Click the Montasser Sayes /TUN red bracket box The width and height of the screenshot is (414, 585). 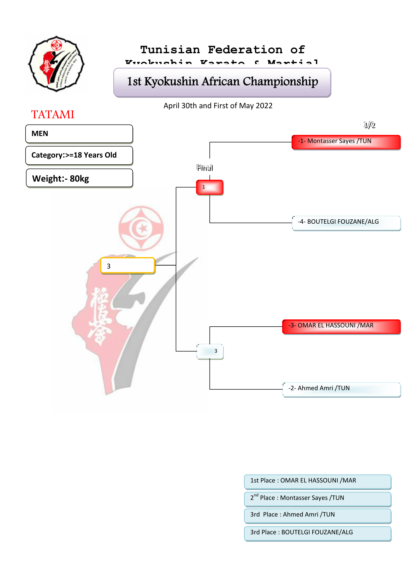(x=346, y=142)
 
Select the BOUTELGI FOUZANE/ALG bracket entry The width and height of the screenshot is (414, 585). (x=346, y=223)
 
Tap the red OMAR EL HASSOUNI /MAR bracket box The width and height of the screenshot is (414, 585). (x=341, y=326)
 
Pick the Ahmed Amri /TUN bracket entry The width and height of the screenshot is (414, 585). (x=341, y=389)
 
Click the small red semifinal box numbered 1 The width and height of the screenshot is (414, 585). (x=210, y=187)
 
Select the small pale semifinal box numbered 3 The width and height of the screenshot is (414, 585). (x=210, y=351)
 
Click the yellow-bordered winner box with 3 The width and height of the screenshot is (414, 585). (x=128, y=266)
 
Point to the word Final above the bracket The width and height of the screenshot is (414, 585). (x=205, y=168)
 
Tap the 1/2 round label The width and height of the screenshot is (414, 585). (x=369, y=125)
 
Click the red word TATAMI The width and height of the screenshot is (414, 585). (x=53, y=114)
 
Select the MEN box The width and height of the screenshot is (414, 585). (x=79, y=134)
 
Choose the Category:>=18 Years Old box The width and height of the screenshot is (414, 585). (x=79, y=155)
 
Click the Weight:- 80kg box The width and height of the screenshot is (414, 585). (x=79, y=178)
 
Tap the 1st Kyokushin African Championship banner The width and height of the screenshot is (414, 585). (x=222, y=82)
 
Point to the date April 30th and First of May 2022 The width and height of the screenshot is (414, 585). (x=218, y=106)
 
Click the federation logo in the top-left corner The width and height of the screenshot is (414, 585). (x=56, y=64)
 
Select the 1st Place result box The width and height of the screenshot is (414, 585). (x=317, y=481)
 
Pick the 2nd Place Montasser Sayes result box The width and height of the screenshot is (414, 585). (x=317, y=499)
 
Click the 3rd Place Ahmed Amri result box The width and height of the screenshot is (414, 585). (x=317, y=515)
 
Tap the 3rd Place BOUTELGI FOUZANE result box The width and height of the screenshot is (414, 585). (x=317, y=533)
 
